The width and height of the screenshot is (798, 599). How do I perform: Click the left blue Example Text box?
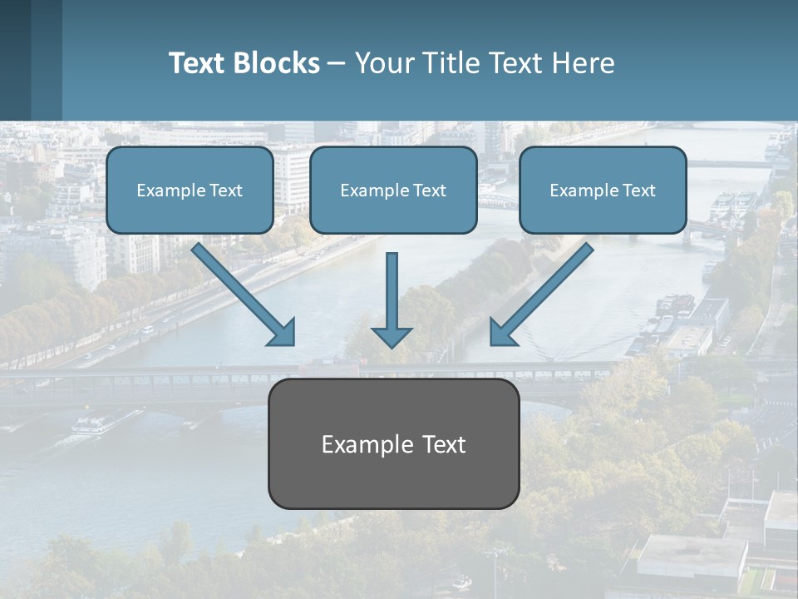click(190, 190)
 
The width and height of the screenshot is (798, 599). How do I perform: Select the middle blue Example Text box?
click(393, 190)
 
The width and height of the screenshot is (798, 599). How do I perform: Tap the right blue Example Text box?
click(603, 190)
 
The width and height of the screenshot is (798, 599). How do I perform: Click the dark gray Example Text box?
click(393, 443)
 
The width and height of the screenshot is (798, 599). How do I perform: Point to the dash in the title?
click(337, 64)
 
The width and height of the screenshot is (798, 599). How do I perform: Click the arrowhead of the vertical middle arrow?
click(392, 336)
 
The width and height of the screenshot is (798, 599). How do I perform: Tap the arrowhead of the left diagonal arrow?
click(283, 332)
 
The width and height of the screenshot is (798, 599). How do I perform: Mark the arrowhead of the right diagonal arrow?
click(502, 332)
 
